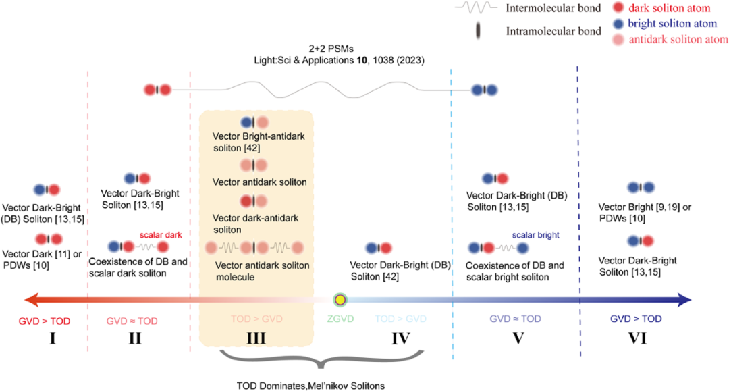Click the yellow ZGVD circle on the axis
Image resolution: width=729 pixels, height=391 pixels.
point(340,300)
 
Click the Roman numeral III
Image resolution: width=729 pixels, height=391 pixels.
point(256,338)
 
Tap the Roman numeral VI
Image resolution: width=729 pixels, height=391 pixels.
point(637,338)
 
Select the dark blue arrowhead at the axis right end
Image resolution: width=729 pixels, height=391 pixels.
point(684,300)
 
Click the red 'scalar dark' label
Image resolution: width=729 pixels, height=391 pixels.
point(161,235)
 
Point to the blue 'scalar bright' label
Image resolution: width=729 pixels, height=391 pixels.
point(535,235)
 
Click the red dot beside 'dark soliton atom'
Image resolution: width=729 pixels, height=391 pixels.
point(618,7)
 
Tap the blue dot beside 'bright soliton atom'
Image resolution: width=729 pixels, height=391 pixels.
point(618,24)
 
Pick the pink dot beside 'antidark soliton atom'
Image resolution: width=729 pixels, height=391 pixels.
point(618,40)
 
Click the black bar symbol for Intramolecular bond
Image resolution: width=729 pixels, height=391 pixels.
point(477,31)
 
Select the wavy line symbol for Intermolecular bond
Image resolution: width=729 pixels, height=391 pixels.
point(476,7)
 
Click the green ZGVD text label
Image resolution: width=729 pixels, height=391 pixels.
point(340,319)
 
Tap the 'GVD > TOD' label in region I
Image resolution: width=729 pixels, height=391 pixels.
point(44,321)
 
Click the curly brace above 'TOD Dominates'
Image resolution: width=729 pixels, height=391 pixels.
point(321,359)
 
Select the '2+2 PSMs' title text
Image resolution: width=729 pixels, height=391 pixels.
point(331,49)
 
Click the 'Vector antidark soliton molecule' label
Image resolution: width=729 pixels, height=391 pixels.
point(262,271)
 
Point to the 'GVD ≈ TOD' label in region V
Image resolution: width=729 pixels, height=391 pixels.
point(515,319)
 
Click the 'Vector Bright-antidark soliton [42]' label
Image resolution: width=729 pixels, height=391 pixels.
point(259,142)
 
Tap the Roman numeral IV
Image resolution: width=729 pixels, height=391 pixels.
point(401,338)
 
